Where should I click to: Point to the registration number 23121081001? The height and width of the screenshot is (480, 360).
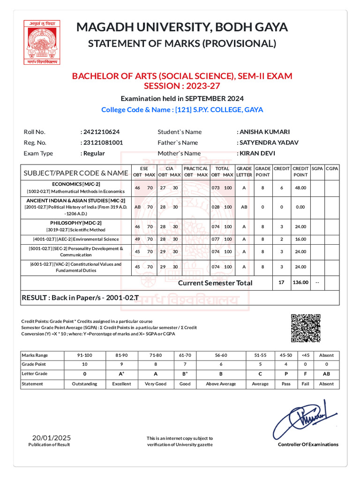point(102,142)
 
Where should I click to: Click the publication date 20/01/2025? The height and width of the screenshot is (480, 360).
point(49,438)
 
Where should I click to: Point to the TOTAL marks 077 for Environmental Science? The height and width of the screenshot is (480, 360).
point(216,239)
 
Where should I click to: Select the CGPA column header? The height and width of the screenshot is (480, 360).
point(332,168)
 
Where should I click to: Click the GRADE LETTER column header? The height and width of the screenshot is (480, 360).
point(244,172)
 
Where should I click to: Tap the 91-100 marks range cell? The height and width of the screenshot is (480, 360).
point(84,355)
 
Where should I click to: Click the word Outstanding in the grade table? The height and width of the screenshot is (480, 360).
point(84,383)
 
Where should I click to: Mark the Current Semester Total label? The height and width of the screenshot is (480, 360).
point(215,283)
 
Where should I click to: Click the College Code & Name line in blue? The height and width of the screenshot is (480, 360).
point(182,110)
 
